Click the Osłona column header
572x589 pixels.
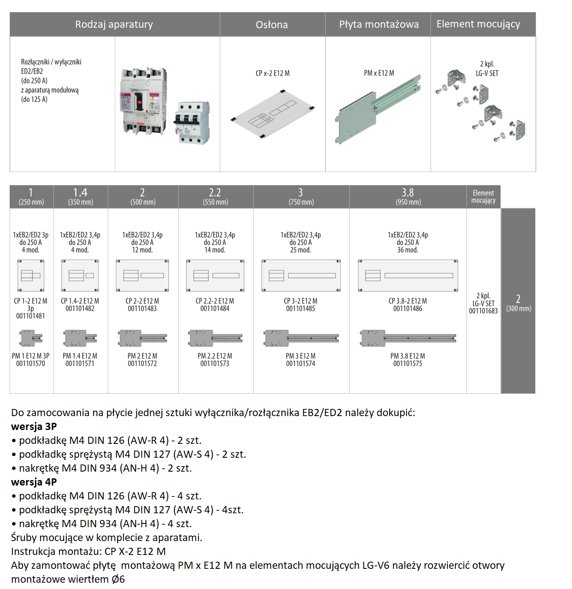[x=272, y=25]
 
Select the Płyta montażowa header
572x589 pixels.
[x=379, y=24]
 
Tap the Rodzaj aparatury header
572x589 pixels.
[x=114, y=24]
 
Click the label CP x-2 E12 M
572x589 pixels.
[x=273, y=73]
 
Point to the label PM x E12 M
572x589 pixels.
[x=379, y=73]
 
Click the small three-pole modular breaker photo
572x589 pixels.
[x=192, y=122]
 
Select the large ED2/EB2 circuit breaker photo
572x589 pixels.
[x=143, y=101]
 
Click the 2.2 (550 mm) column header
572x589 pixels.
[x=215, y=196]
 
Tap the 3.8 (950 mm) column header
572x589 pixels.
[x=408, y=196]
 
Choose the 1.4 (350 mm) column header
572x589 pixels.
[x=80, y=196]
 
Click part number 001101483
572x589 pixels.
[x=142, y=309]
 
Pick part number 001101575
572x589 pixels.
[x=408, y=363]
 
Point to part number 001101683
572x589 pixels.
[x=483, y=311]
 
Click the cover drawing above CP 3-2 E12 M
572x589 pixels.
[x=301, y=276]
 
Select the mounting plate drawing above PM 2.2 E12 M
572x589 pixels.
[x=215, y=338]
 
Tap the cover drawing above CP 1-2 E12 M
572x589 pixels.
[x=31, y=276]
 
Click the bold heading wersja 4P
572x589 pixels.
[x=34, y=482]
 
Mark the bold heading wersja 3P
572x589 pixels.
[x=34, y=427]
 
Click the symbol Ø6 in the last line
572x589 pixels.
[x=118, y=579]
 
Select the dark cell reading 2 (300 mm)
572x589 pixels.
[x=518, y=303]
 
